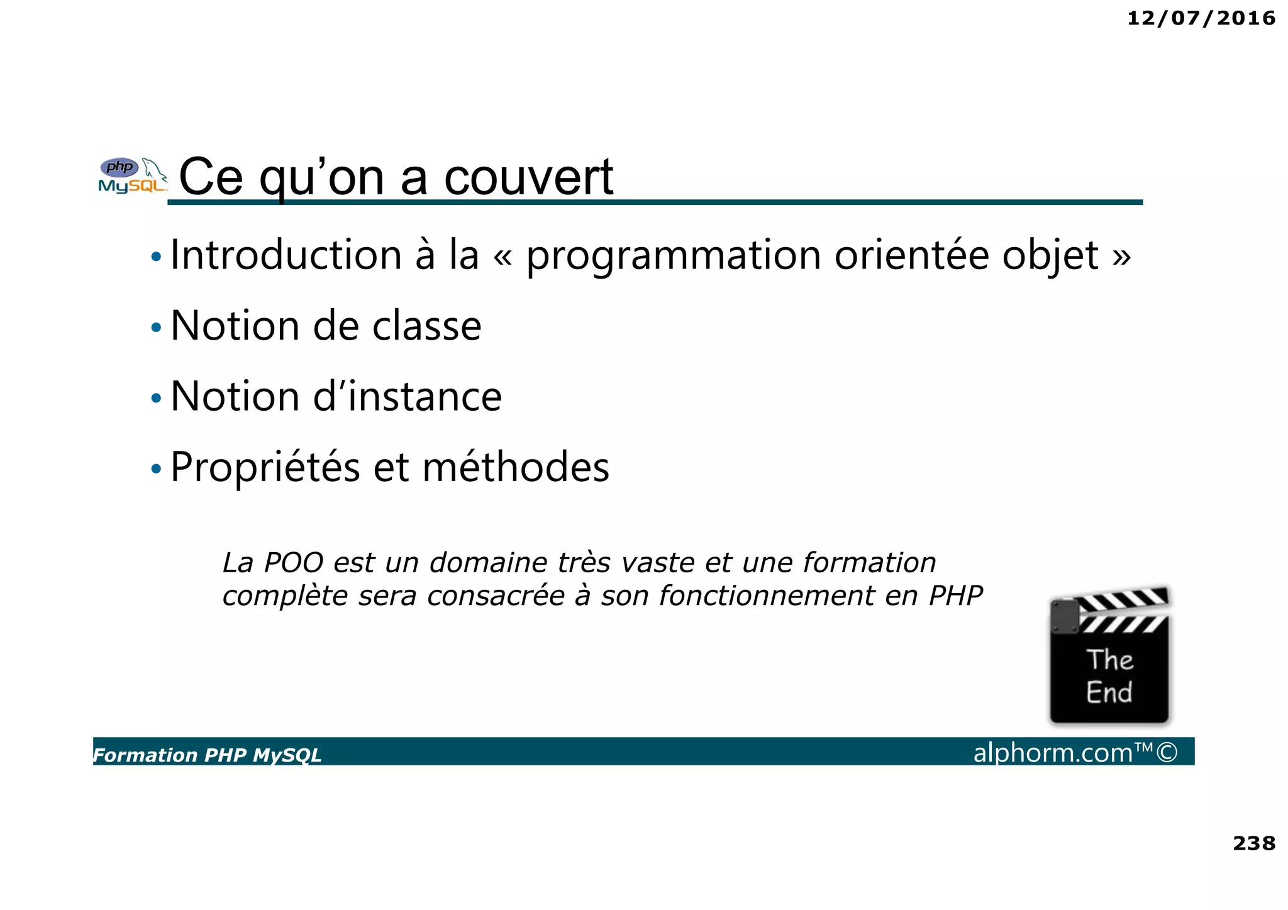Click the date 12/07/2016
1201,18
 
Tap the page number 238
1253,843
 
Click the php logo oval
119,167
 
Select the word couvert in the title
528,177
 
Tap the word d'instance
408,397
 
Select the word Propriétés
265,468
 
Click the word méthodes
516,467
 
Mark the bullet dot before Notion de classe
156,328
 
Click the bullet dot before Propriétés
156,469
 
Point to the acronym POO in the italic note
293,563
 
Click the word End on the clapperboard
1109,692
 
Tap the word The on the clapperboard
1110,660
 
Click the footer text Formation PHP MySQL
208,755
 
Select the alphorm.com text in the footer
1052,753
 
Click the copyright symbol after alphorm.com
1167,752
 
